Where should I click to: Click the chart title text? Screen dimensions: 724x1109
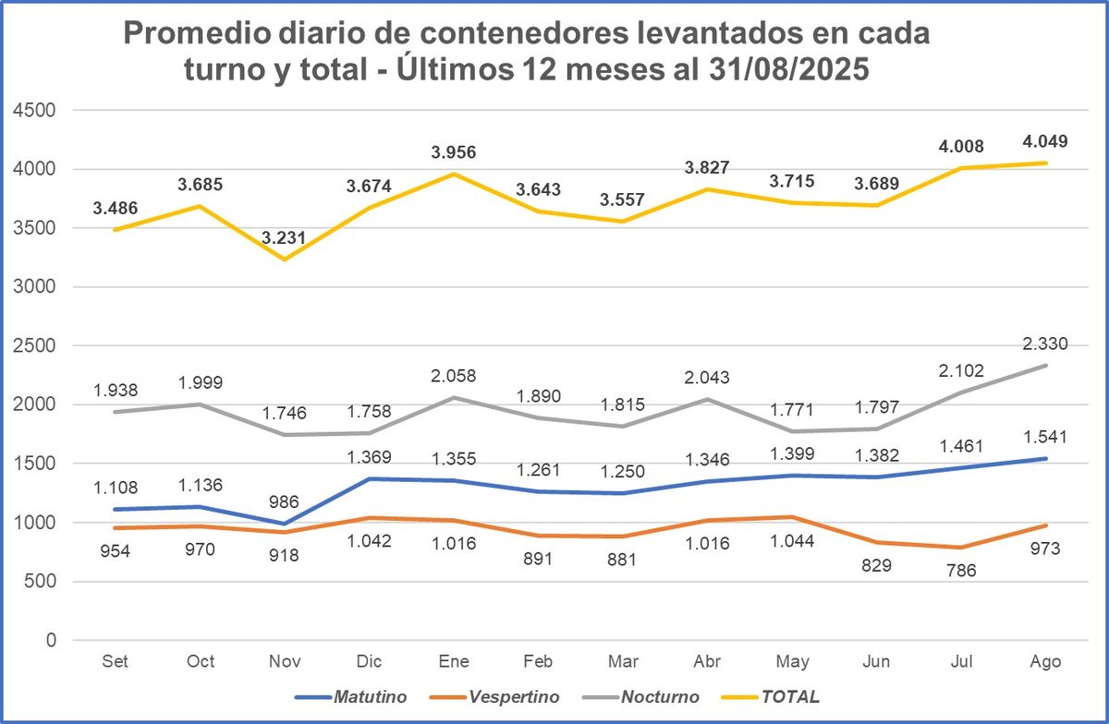coord(526,52)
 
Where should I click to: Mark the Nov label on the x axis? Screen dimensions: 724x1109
coord(285,661)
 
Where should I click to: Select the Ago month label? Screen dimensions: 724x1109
coord(1045,661)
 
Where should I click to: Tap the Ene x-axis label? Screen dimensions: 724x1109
coord(454,661)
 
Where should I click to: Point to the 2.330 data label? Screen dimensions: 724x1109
coord(1045,344)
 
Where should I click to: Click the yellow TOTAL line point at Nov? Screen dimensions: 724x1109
coord(285,259)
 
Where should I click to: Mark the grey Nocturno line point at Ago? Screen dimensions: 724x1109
coord(1045,366)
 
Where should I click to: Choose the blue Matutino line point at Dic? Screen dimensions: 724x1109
coord(370,478)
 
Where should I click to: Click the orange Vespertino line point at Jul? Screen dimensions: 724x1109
coord(960,548)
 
